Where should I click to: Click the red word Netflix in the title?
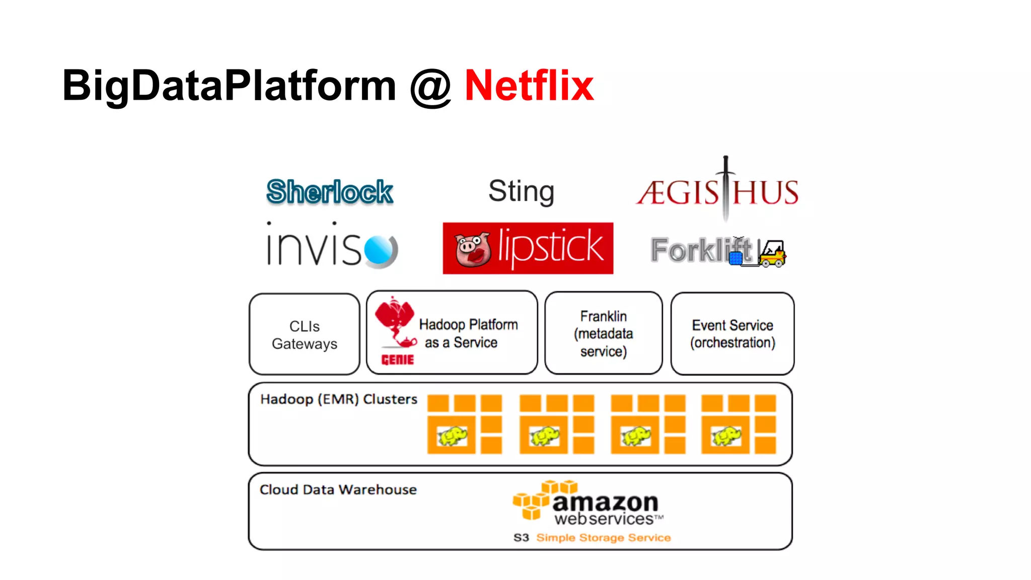click(x=529, y=86)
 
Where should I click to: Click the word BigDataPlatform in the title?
click(x=229, y=86)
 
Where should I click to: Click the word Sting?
click(x=521, y=191)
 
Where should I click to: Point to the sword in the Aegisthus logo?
click(x=725, y=189)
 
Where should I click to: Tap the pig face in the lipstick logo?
click(x=472, y=249)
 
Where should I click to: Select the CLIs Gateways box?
click(x=305, y=335)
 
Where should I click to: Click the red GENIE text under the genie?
click(x=398, y=359)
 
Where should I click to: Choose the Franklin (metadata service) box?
click(x=603, y=333)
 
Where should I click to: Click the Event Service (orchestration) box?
click(x=732, y=334)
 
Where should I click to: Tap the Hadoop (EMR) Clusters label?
click(x=339, y=399)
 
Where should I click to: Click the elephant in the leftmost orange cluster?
click(x=452, y=436)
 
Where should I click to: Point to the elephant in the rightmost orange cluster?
click(x=725, y=436)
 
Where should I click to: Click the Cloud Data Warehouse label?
click(x=338, y=489)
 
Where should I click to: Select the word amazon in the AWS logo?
click(x=606, y=502)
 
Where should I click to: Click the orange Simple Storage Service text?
click(x=604, y=538)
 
